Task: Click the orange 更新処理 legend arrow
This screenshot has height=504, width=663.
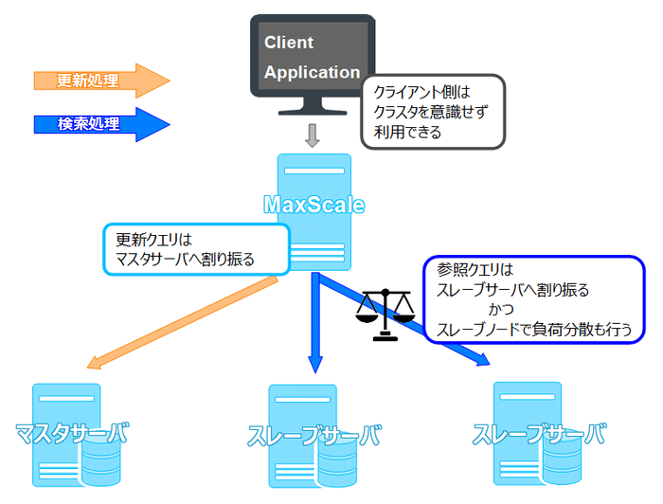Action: pos(99,81)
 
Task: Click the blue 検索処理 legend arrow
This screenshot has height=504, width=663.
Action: pos(99,124)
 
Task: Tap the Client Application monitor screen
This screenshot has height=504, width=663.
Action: pos(311,56)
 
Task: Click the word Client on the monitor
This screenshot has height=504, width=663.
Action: pos(289,43)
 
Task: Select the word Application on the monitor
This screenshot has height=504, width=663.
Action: pos(312,72)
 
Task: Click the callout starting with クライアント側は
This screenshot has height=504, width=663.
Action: pos(431,113)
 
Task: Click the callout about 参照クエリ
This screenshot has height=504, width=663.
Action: pos(540,298)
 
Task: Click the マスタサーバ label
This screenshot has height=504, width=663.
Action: pos(71,435)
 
